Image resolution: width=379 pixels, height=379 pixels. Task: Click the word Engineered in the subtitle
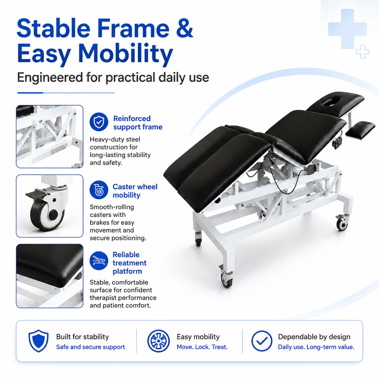tap(50, 78)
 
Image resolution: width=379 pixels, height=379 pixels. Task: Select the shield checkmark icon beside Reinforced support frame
tap(99, 122)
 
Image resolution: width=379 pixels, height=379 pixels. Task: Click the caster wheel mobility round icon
tap(99, 190)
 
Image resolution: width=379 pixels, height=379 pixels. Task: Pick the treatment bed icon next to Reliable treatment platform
tap(99, 261)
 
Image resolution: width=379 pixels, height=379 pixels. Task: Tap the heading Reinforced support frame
tap(138, 123)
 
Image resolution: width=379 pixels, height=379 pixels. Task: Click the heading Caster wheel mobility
tap(135, 191)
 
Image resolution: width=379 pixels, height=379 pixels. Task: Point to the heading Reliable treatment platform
tap(129, 263)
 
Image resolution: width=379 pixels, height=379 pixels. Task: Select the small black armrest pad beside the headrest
tap(360, 130)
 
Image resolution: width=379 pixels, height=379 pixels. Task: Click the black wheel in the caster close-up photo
tap(47, 215)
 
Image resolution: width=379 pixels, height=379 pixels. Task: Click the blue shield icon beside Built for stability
tap(38, 341)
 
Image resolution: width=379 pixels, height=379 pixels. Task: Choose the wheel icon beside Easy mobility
tap(158, 341)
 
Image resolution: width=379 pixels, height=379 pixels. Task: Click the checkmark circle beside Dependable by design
tap(262, 341)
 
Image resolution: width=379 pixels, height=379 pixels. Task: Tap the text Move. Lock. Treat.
tap(202, 347)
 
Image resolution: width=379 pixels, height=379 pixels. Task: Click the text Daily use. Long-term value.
tap(316, 347)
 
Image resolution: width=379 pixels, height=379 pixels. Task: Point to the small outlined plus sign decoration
tap(362, 51)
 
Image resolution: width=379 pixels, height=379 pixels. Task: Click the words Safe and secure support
tap(90, 347)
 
